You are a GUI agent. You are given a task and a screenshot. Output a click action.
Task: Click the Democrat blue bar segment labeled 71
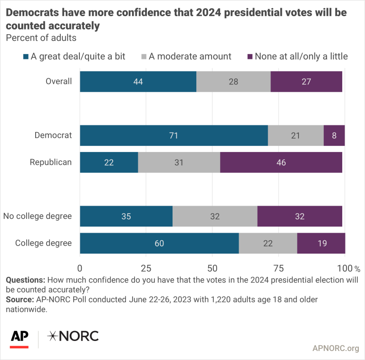click(x=173, y=135)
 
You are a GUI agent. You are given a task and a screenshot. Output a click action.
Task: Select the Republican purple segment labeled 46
click(x=281, y=162)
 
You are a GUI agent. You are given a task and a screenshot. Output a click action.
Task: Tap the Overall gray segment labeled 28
click(x=233, y=81)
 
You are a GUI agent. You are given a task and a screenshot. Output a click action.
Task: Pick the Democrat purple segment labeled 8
click(x=334, y=135)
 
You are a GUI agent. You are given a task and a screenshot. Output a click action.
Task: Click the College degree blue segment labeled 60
click(x=159, y=243)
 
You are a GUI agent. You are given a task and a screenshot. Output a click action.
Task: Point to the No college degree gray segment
click(x=215, y=217)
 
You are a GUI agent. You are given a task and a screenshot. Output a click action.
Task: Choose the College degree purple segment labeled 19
click(x=321, y=243)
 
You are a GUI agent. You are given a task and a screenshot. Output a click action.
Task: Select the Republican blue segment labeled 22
click(x=109, y=162)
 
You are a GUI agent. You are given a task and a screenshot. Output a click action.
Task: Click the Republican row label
click(x=51, y=162)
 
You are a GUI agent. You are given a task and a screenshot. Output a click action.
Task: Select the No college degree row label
click(x=38, y=217)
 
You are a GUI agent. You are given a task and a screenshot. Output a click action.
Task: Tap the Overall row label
click(x=59, y=81)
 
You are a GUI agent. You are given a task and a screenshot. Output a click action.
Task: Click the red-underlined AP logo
click(x=19, y=337)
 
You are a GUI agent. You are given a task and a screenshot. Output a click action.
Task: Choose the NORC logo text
click(x=73, y=336)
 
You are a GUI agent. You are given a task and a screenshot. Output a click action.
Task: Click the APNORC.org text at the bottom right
click(x=336, y=349)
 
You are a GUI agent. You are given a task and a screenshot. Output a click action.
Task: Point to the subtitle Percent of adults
click(x=41, y=38)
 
